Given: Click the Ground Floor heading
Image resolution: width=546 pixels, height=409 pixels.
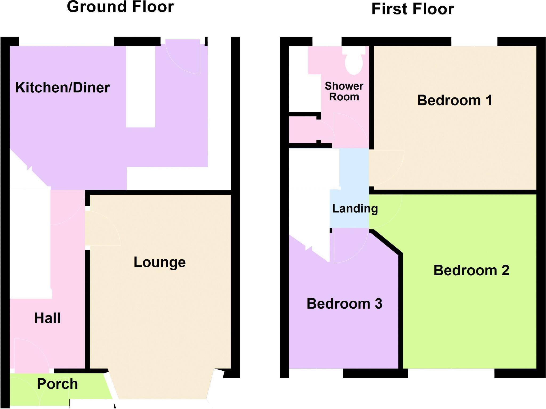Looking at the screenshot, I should pyautogui.click(x=120, y=7).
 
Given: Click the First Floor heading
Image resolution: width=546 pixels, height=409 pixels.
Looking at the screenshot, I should pyautogui.click(x=412, y=9).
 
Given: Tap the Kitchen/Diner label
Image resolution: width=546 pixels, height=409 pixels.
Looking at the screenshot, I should pyautogui.click(x=62, y=88).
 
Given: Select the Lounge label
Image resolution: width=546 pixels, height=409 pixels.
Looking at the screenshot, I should pyautogui.click(x=159, y=262).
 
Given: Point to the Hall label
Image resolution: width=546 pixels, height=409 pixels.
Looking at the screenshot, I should pyautogui.click(x=47, y=318).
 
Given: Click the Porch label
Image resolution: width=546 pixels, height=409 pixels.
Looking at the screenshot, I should pyautogui.click(x=57, y=384).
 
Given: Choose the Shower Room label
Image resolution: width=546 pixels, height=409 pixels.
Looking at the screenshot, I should pyautogui.click(x=344, y=91).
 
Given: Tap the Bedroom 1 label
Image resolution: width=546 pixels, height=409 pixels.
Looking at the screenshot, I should pyautogui.click(x=454, y=100).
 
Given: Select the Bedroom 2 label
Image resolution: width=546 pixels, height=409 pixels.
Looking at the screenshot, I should pyautogui.click(x=471, y=270).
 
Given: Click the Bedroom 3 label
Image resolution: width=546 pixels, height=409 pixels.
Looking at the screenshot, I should pyautogui.click(x=344, y=304).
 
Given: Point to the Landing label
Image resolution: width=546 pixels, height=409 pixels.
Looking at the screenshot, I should pyautogui.click(x=355, y=208).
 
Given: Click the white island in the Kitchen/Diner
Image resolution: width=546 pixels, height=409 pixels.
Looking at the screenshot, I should pyautogui.click(x=140, y=87).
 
